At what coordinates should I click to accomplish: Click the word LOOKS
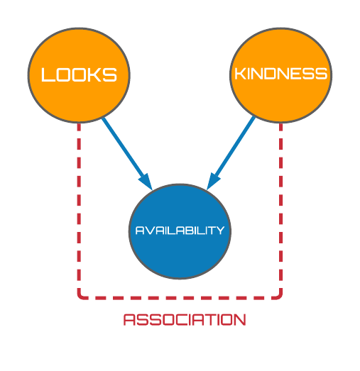click(x=79, y=74)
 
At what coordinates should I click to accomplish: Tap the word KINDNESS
click(x=281, y=73)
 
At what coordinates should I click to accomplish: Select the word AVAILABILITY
click(x=180, y=231)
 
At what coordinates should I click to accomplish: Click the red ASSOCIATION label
click(x=185, y=320)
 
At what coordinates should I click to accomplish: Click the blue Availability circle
click(x=180, y=231)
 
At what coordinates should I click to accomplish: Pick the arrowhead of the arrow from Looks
click(x=146, y=182)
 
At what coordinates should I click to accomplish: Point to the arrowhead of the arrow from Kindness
click(x=214, y=182)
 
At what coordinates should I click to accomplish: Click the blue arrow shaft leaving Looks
click(x=123, y=148)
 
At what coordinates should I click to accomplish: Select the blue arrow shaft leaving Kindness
click(x=236, y=147)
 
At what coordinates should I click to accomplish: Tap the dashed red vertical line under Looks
click(x=79, y=206)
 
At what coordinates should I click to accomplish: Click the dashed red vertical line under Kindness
click(x=281, y=206)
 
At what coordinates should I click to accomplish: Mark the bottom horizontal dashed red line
click(x=180, y=298)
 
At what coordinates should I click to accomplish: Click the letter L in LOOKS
click(x=48, y=74)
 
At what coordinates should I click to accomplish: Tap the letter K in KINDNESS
click(x=240, y=73)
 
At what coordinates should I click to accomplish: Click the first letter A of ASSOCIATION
click(x=129, y=320)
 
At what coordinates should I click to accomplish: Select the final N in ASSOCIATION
click(x=241, y=320)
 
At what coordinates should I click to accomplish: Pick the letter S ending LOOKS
click(x=110, y=74)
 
